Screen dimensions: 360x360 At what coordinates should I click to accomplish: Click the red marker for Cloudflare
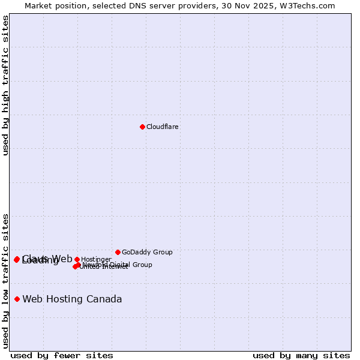point(142,127)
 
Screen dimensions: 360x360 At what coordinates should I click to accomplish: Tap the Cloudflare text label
point(163,127)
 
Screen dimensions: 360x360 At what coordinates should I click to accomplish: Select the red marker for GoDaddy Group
point(118,252)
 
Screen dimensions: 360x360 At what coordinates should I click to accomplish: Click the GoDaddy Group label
point(147,252)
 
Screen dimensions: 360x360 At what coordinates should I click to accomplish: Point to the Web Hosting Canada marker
point(17,299)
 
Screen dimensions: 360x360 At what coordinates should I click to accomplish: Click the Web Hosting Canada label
point(72,299)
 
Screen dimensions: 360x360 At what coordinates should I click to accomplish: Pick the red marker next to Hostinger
point(77,259)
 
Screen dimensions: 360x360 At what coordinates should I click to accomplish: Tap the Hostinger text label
point(96,259)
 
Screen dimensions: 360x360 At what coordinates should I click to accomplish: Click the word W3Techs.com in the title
point(310,5)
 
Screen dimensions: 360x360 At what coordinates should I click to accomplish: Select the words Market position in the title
point(50,5)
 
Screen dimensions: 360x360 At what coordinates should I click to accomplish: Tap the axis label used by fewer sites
point(62,355)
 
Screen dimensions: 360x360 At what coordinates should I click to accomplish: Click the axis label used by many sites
point(301,355)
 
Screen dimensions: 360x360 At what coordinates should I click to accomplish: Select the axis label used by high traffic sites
point(5,85)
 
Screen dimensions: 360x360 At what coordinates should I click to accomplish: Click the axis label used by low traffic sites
point(5,281)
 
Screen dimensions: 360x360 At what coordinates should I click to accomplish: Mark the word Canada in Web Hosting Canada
point(106,299)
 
